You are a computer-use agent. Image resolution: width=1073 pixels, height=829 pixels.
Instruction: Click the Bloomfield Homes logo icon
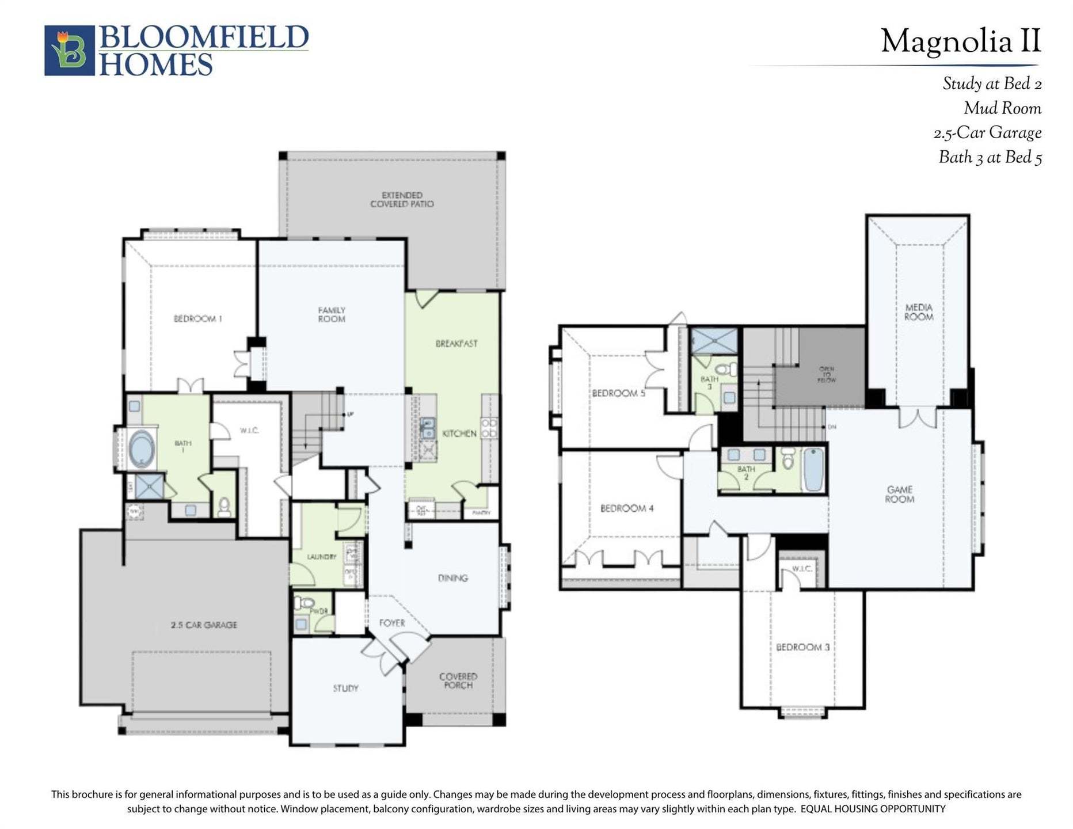(69, 50)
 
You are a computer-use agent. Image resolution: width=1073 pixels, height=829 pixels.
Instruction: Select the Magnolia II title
(960, 41)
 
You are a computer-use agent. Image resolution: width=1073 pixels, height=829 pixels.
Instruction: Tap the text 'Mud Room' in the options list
(1002, 108)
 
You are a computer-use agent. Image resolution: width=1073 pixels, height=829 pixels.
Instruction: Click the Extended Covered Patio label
(402, 200)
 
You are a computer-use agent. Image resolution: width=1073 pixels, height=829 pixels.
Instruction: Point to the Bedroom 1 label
(197, 318)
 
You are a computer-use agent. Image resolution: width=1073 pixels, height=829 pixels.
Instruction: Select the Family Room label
(332, 314)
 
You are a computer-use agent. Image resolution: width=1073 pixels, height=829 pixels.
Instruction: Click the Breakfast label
(456, 344)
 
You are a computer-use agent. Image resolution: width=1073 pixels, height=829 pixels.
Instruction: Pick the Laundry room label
(321, 557)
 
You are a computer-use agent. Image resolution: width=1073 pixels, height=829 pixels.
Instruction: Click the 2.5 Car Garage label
(204, 625)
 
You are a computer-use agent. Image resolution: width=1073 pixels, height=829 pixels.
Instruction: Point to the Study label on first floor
(345, 688)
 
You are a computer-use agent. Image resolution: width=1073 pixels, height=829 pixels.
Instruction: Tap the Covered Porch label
(458, 680)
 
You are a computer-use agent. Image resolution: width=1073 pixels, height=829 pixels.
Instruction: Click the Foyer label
(392, 623)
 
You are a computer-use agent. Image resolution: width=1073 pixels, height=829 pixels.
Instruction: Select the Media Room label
(918, 312)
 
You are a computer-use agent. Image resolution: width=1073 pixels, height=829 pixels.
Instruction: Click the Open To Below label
(826, 374)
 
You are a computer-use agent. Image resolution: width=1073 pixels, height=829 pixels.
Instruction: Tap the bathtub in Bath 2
(813, 469)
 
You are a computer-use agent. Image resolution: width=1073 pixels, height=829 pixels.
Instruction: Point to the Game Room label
(899, 494)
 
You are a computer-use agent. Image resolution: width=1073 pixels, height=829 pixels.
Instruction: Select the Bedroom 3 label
(802, 647)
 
